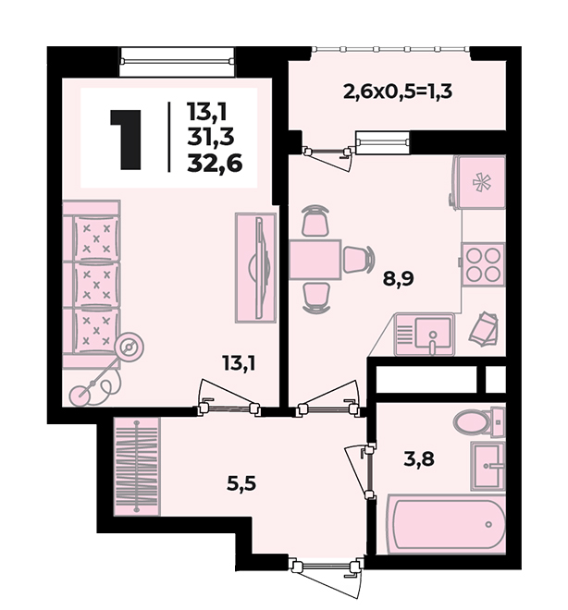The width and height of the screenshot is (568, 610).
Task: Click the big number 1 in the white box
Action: [x=127, y=140]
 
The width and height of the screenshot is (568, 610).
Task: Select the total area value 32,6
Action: [x=215, y=164]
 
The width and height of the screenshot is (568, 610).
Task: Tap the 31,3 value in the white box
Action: [x=211, y=137]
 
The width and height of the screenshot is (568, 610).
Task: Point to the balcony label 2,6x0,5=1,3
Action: [x=398, y=92]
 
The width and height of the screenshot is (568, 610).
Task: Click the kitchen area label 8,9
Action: [x=399, y=278]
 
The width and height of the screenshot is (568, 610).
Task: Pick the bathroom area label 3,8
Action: [x=419, y=459]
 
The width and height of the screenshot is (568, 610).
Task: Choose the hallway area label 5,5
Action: [x=241, y=484]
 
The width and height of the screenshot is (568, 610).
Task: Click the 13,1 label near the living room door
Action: [x=239, y=363]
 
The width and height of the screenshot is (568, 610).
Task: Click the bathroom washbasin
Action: [x=488, y=466]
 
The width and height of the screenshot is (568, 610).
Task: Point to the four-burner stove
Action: [x=483, y=264]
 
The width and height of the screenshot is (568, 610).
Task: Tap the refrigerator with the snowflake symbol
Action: [x=480, y=182]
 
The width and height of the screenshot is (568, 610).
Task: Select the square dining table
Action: [x=315, y=260]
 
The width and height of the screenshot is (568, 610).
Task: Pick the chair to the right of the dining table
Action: [x=358, y=260]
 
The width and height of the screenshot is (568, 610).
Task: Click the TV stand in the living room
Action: [x=255, y=268]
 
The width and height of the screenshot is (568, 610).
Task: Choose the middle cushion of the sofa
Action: [x=96, y=285]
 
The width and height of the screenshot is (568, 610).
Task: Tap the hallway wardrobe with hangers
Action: [x=137, y=467]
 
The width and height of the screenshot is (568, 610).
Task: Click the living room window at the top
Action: [x=177, y=62]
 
